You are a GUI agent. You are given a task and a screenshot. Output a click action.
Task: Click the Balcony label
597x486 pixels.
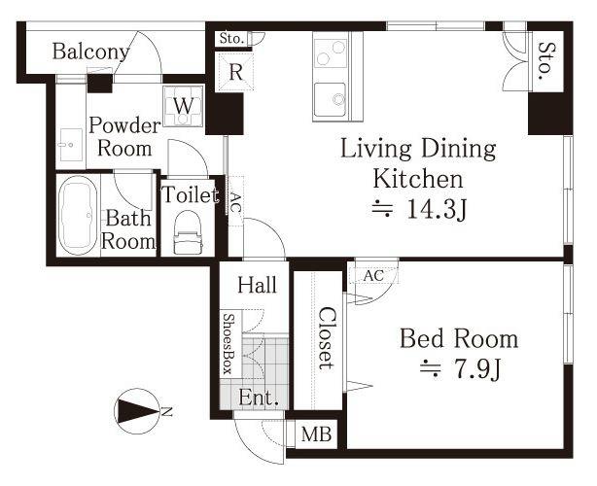(90, 52)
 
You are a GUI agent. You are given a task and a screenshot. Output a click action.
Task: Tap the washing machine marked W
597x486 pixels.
(183, 106)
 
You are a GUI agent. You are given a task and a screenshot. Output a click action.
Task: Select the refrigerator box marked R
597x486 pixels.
(234, 72)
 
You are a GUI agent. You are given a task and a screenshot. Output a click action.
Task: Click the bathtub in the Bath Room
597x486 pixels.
(78, 216)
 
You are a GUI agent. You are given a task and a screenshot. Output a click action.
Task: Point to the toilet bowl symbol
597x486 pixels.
(188, 232)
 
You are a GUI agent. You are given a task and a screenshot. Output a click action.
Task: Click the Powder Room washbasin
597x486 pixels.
(71, 145)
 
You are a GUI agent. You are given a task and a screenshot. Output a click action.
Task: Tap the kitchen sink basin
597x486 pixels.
(330, 100)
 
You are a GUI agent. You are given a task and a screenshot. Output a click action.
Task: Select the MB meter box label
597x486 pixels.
(316, 434)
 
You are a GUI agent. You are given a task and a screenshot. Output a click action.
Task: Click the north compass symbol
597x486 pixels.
(137, 411)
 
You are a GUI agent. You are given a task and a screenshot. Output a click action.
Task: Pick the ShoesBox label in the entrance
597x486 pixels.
(228, 344)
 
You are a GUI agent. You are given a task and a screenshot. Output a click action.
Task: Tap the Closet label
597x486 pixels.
(327, 338)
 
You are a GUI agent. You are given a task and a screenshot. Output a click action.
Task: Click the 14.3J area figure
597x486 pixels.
(436, 209)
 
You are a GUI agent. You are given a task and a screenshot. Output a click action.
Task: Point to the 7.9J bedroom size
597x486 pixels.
(476, 368)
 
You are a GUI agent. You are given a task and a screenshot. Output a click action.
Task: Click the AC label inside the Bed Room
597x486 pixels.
(373, 276)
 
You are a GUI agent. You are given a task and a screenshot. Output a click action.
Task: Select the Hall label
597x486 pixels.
(257, 285)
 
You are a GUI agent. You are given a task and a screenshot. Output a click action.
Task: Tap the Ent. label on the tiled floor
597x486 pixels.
(259, 399)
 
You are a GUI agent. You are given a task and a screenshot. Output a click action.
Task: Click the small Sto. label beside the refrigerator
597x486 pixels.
(231, 39)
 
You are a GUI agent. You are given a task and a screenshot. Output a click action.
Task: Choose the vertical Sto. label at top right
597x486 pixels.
(546, 61)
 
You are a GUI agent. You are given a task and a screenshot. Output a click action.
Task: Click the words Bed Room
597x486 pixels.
(459, 338)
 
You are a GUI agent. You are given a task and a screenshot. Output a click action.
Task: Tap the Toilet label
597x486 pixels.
(190, 194)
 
